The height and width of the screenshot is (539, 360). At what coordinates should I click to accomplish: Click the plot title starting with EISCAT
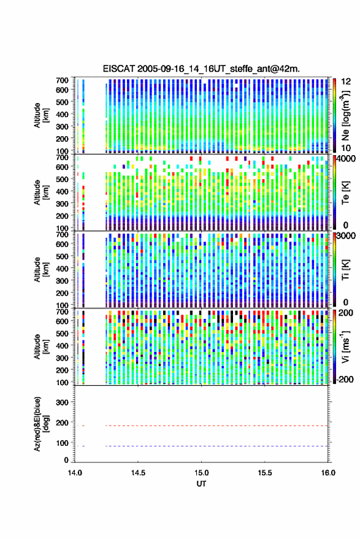tap(201, 69)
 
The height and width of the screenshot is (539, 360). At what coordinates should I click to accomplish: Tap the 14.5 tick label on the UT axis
tap(138, 473)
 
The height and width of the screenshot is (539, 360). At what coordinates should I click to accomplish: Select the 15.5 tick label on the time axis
tap(264, 473)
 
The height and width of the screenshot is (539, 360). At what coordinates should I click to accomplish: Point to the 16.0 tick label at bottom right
tap(328, 473)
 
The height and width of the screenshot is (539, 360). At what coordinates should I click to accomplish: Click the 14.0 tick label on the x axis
tap(75, 473)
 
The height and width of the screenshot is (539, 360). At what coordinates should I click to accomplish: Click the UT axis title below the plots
tap(201, 484)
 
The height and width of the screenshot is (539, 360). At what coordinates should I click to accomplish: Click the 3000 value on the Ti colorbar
tap(346, 236)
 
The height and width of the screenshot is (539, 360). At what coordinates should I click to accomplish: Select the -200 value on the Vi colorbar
tap(343, 380)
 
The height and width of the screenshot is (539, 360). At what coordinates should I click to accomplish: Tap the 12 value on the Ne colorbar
tap(346, 82)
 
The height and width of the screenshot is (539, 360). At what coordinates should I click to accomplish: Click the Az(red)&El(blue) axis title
tap(42, 424)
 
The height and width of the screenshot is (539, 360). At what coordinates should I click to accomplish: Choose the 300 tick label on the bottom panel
tap(62, 402)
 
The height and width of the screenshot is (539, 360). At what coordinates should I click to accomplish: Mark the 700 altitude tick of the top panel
tap(62, 80)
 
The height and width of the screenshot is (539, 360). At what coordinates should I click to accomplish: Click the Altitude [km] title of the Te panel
tap(41, 192)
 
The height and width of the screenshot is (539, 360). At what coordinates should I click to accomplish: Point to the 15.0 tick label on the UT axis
tap(201, 473)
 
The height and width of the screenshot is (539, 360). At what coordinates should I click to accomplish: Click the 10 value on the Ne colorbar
tap(346, 148)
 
